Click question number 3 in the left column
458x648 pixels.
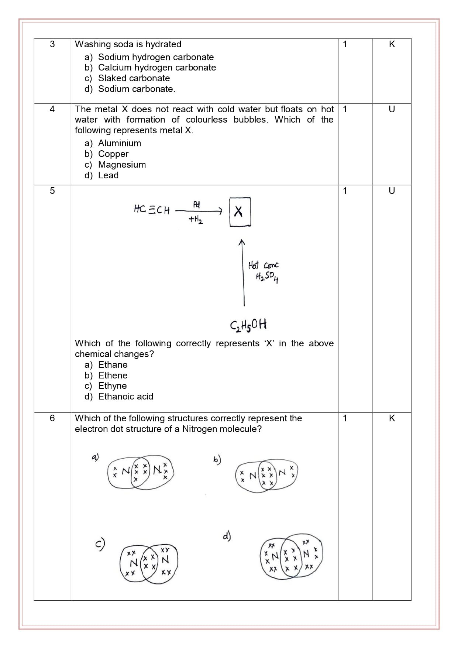tap(52, 44)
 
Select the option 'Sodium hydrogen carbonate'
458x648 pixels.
tap(156, 57)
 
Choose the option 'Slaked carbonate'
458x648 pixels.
tap(134, 78)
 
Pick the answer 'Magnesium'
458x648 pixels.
tap(122, 165)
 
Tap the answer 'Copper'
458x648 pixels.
tap(113, 154)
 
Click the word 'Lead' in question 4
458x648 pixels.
tap(108, 175)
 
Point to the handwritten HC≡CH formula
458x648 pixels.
tap(152, 210)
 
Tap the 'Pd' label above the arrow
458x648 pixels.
tap(196, 204)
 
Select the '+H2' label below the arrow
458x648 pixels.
tap(196, 220)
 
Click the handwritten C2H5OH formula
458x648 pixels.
tap(248, 325)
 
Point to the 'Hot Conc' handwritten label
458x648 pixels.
tap(263, 265)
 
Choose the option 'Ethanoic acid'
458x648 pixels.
tap(125, 397)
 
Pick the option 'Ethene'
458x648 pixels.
tap(113, 376)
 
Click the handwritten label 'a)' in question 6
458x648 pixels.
tap(95, 457)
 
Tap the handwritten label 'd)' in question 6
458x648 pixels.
tap(227, 536)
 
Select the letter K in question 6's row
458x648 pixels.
tap(392, 418)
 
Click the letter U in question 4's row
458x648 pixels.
tap(392, 109)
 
